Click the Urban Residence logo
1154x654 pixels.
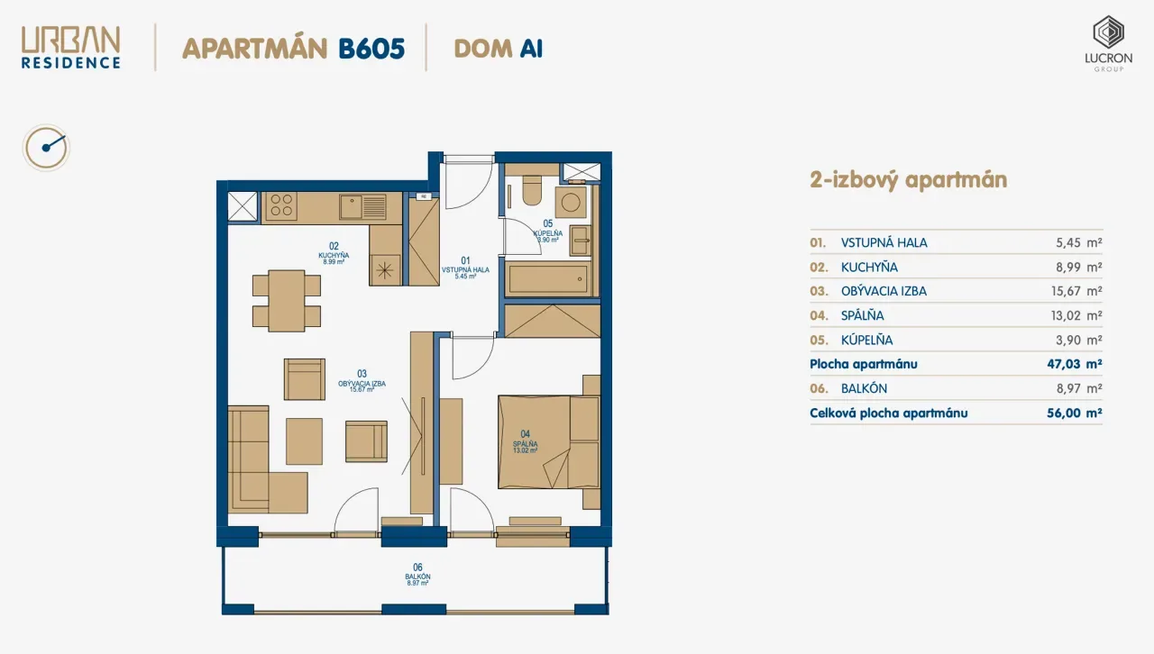pyautogui.click(x=70, y=48)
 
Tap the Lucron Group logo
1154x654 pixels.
pyautogui.click(x=1108, y=43)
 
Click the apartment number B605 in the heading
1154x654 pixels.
pyautogui.click(x=371, y=49)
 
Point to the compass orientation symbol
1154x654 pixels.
pyautogui.click(x=46, y=148)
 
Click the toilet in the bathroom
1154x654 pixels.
pyautogui.click(x=532, y=191)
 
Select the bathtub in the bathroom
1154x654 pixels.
pyautogui.click(x=548, y=278)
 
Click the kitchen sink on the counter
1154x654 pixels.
pyautogui.click(x=362, y=206)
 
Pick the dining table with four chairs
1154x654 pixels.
pyautogui.click(x=287, y=301)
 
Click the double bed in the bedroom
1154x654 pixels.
pyautogui.click(x=549, y=441)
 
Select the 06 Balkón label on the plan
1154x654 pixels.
pyautogui.click(x=417, y=575)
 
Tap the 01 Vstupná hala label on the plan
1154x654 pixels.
pyautogui.click(x=465, y=268)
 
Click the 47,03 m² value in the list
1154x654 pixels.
pyautogui.click(x=1074, y=364)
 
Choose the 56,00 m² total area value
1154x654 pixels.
pyautogui.click(x=1074, y=413)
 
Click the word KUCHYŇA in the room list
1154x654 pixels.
pyautogui.click(x=869, y=268)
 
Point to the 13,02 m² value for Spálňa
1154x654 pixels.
pyautogui.click(x=1076, y=315)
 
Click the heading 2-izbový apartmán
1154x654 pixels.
pyautogui.click(x=908, y=180)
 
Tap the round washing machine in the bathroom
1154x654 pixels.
pyautogui.click(x=571, y=203)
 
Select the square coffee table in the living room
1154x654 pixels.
pyautogui.click(x=304, y=441)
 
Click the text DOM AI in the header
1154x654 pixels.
pyautogui.click(x=499, y=49)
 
